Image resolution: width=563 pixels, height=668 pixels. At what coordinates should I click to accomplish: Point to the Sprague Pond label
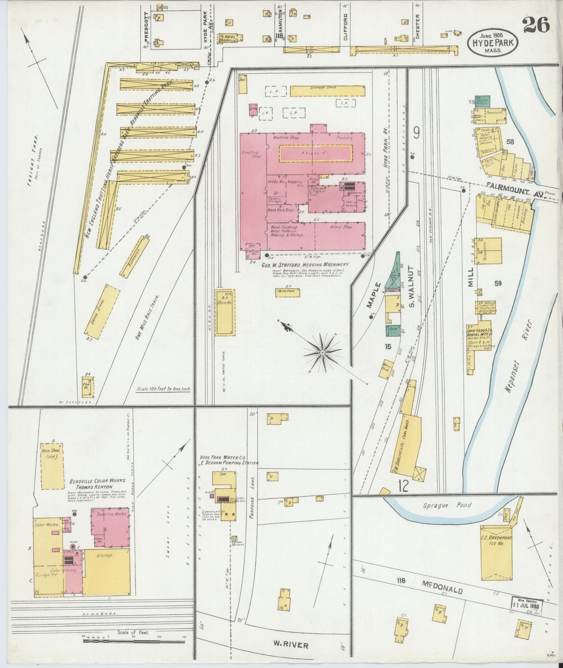point(447,505)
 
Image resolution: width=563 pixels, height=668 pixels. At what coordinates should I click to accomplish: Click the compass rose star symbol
point(322,352)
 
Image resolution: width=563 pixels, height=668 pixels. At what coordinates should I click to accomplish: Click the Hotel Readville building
point(231,38)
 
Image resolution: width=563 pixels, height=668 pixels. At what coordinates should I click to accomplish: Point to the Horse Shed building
point(288,292)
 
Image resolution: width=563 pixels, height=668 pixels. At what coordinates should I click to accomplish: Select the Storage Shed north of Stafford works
point(327,91)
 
